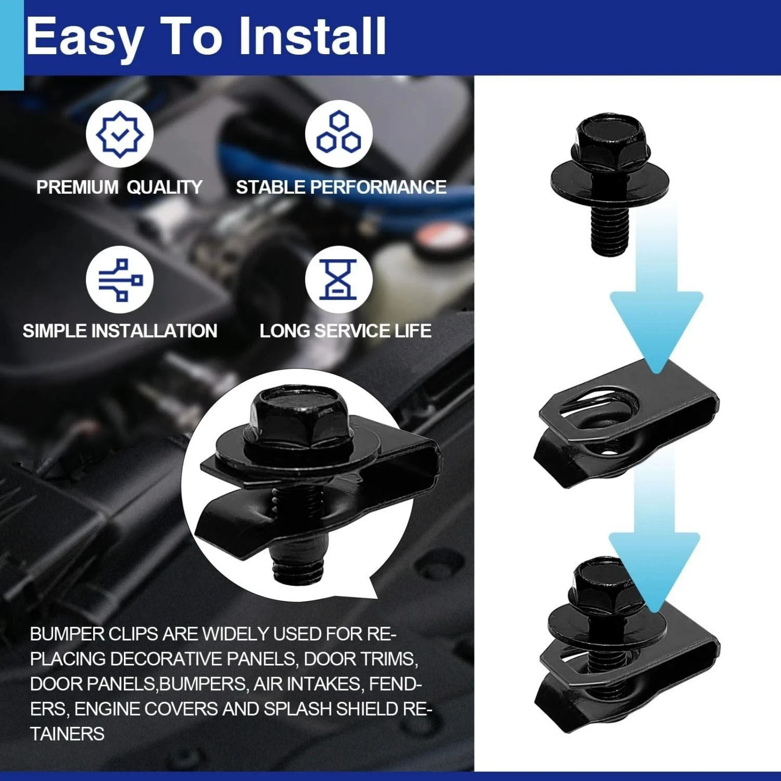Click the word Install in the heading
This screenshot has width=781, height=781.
(x=312, y=36)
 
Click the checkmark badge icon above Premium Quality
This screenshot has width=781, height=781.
(x=120, y=133)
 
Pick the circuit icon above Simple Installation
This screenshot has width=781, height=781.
(x=120, y=280)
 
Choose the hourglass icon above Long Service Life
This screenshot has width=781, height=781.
(x=339, y=280)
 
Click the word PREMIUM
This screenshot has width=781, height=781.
(x=77, y=187)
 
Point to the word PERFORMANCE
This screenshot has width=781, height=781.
(x=378, y=187)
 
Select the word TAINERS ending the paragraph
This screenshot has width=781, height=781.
(x=67, y=734)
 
